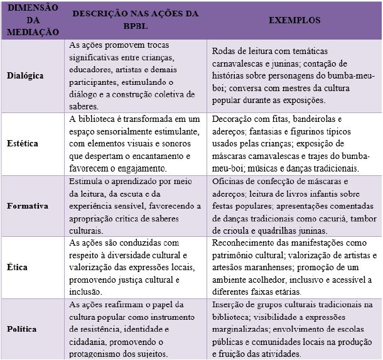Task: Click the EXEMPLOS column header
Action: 294,20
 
